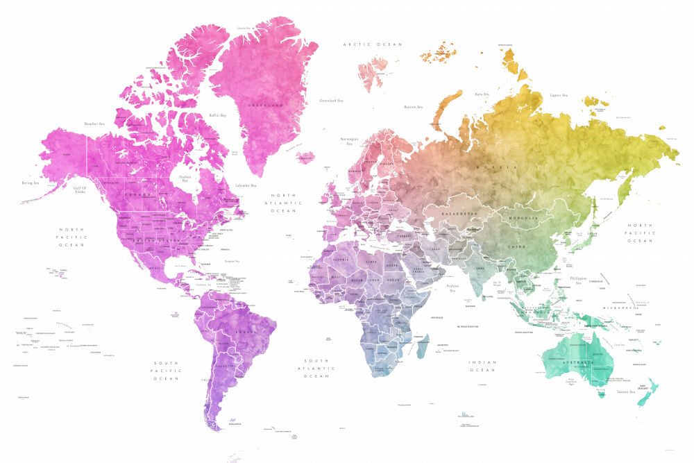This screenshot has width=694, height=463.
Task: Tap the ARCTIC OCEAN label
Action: [373, 44]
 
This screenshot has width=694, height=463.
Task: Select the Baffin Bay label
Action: [218, 115]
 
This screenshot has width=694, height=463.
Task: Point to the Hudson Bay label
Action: [185, 178]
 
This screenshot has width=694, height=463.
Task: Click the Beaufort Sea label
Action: [94, 124]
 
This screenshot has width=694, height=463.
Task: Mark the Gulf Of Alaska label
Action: [83, 190]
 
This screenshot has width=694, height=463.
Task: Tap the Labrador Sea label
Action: [246, 185]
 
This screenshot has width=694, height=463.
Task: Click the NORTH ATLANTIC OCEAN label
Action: [283, 203]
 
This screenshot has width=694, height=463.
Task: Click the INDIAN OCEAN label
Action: [482, 366]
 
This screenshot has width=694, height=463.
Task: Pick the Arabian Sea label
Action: [452, 287]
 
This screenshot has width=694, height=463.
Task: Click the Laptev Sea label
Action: [559, 95]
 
